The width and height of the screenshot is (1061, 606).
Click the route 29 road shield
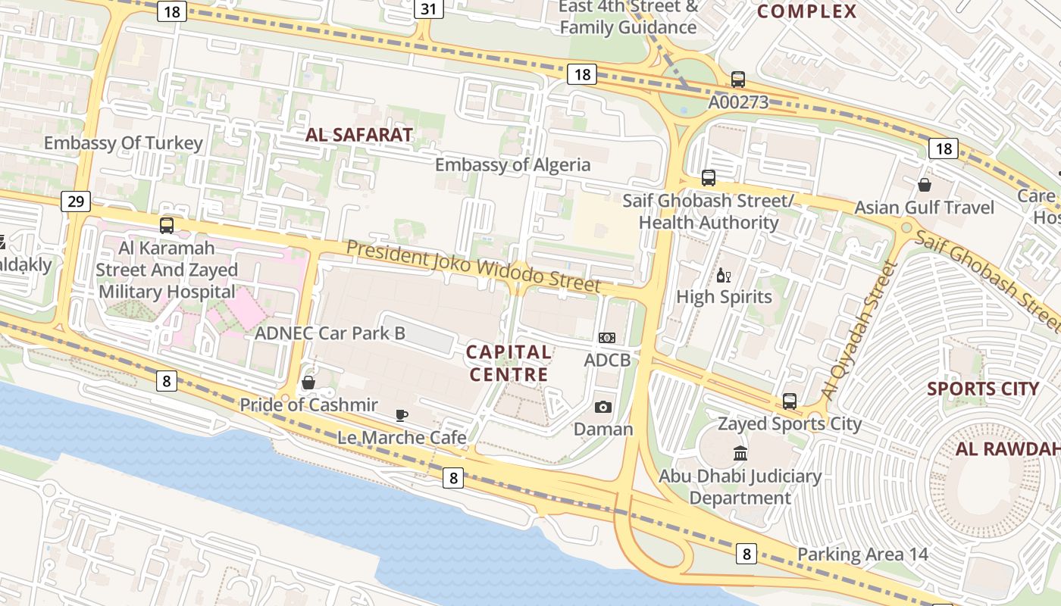click(75, 201)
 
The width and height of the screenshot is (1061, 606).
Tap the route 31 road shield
click(429, 9)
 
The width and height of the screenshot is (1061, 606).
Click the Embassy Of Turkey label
click(124, 143)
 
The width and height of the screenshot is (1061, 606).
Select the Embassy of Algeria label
click(512, 165)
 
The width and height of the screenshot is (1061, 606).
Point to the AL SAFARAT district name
click(359, 136)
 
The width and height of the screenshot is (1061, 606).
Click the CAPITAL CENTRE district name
click(509, 363)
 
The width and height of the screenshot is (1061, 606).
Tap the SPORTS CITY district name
click(983, 389)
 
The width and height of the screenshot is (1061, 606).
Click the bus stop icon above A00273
click(737, 80)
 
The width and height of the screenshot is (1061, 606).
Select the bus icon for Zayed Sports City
click(789, 401)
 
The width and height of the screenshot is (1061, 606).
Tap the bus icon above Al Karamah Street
click(166, 226)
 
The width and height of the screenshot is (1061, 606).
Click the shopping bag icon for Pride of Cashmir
click(308, 383)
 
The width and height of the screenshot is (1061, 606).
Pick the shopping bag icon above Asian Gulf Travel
click(924, 185)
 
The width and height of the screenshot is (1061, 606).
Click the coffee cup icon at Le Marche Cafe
click(401, 415)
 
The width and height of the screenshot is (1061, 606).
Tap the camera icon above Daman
click(602, 408)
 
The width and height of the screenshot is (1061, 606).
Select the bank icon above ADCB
click(606, 338)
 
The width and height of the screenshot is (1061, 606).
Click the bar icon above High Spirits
click(723, 275)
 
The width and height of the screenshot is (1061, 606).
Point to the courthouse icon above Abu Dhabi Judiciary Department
click(740, 454)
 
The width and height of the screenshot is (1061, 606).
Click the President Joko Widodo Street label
click(474, 267)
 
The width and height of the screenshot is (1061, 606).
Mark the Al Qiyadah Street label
click(859, 331)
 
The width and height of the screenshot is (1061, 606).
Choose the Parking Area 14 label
click(862, 554)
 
